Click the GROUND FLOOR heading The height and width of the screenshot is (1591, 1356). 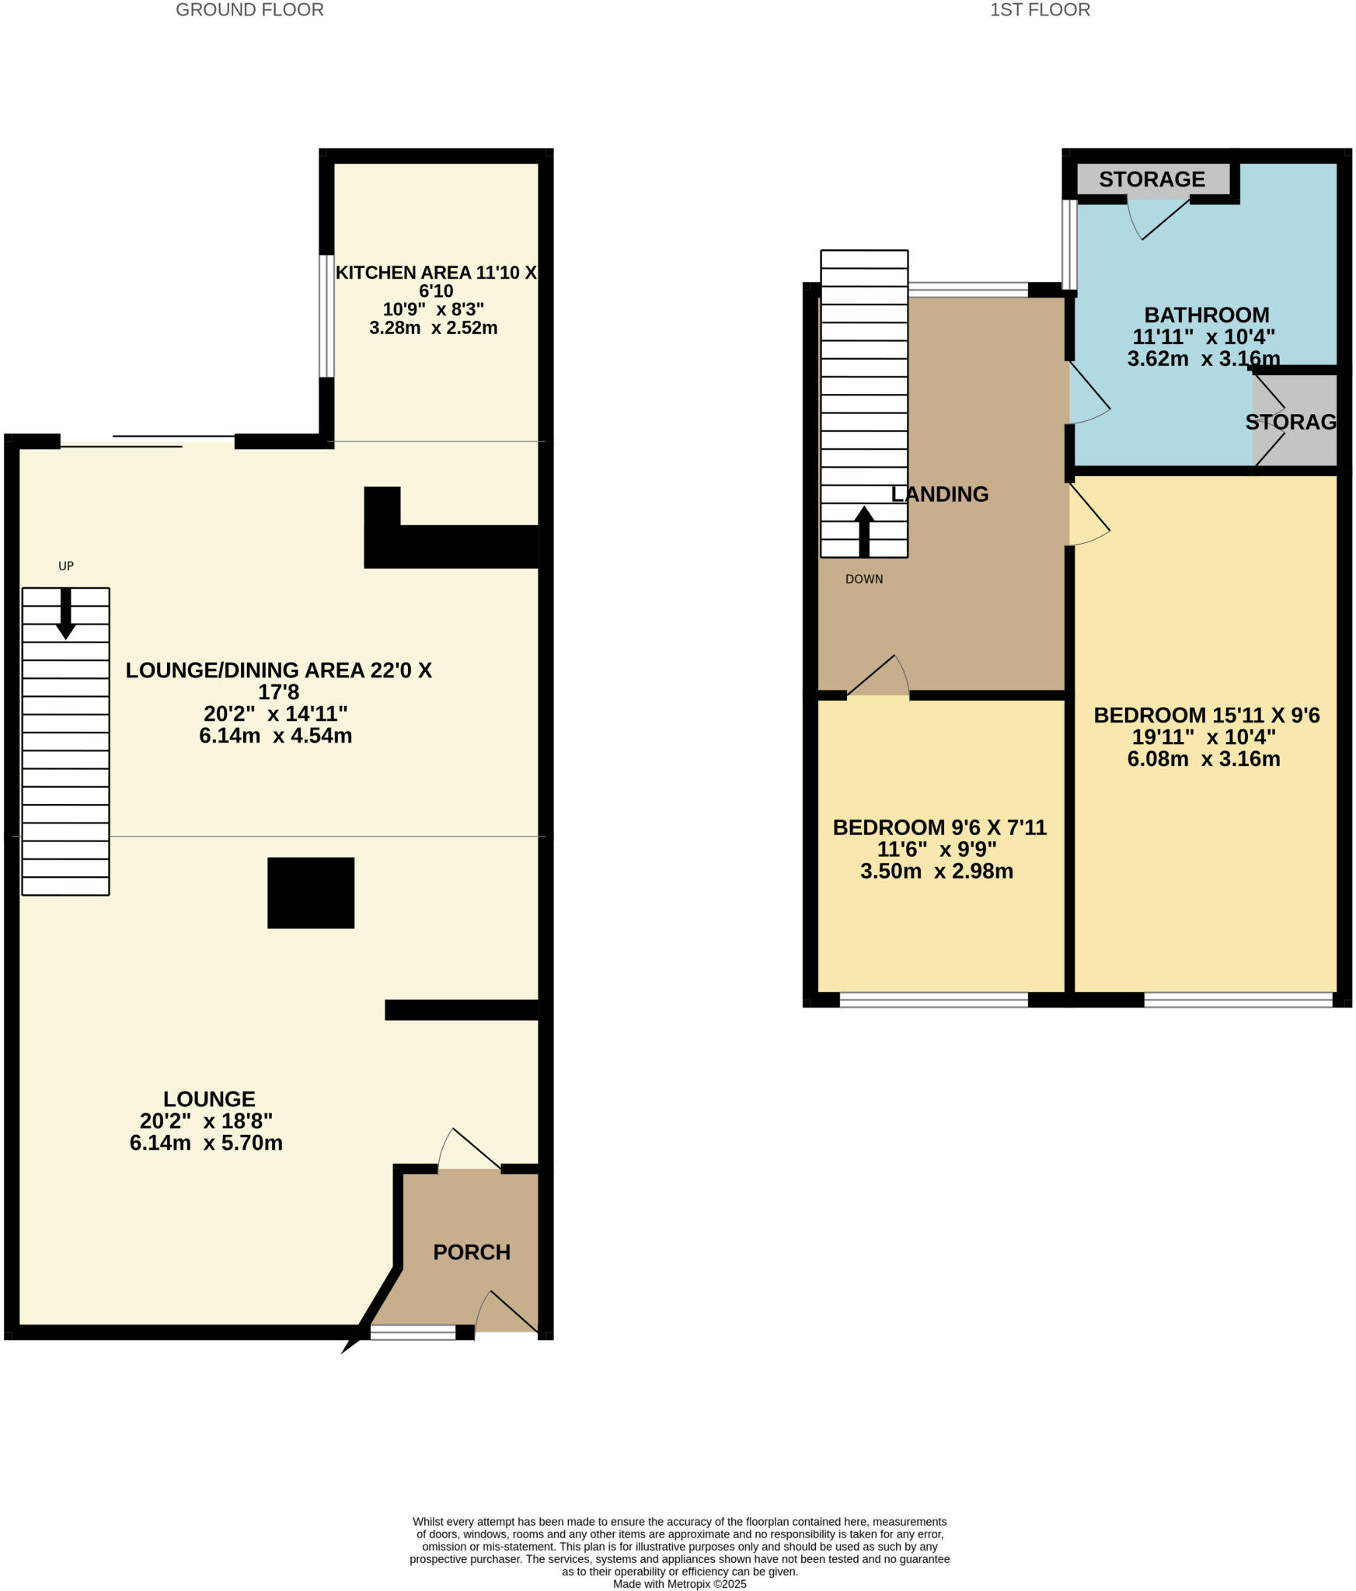click(x=249, y=10)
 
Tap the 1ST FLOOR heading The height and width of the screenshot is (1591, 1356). click(x=1039, y=10)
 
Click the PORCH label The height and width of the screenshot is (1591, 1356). click(x=471, y=1252)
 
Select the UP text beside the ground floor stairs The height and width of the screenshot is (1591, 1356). click(x=66, y=566)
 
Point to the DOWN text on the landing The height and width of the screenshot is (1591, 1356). click(x=863, y=580)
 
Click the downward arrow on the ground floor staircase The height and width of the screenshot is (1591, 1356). click(x=66, y=614)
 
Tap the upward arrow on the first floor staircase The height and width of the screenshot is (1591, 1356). click(x=863, y=531)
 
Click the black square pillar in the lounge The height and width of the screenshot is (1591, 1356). click(x=311, y=893)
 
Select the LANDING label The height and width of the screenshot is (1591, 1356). click(x=939, y=494)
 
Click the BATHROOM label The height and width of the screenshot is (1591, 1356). click(x=1206, y=315)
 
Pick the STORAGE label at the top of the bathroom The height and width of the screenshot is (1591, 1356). click(x=1152, y=179)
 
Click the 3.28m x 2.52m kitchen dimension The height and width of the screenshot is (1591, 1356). click(x=433, y=328)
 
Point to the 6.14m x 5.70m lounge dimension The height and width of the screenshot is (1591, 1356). click(x=206, y=1143)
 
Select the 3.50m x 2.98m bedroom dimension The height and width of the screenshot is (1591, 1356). click(x=936, y=872)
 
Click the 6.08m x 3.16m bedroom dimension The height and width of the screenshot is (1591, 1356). click(x=1203, y=759)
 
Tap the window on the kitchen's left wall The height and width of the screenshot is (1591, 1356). click(x=327, y=316)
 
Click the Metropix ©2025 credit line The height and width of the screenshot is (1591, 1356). click(x=679, y=1584)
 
